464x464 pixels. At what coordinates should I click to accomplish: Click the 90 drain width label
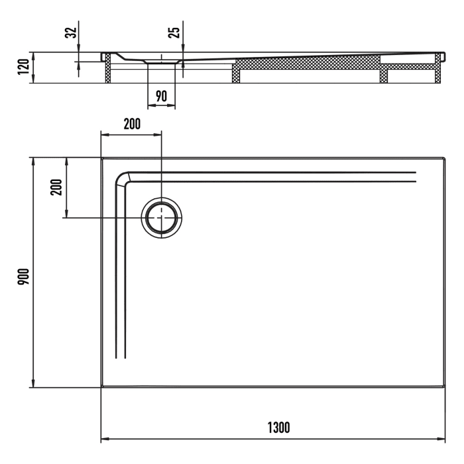point(161,95)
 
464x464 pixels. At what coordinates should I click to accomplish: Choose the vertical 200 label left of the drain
point(56,188)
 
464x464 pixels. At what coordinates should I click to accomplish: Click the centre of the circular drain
point(161,217)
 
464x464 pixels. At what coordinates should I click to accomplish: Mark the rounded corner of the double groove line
point(122,178)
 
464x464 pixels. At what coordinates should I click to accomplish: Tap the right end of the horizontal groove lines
point(415,176)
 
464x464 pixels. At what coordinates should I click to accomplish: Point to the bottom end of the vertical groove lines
point(120,357)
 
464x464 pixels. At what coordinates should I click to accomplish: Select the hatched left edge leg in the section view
point(106,69)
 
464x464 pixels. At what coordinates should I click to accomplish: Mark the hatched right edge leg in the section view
point(437,68)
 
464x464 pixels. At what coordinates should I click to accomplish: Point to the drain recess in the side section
point(161,60)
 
